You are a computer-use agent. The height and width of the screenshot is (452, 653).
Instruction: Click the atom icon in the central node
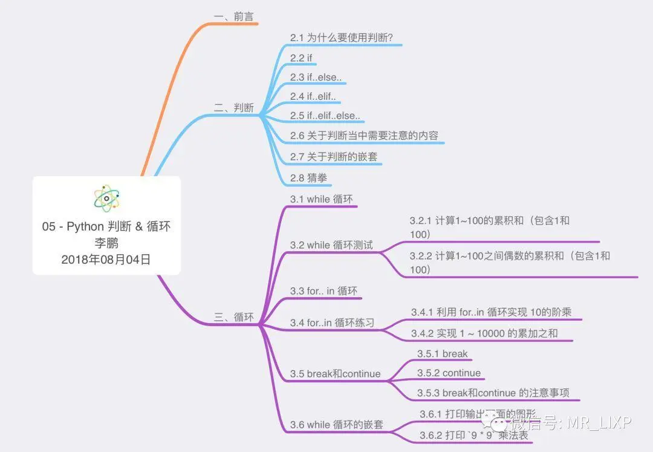coord(106,198)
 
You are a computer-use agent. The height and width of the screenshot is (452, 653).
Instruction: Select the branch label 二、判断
coord(233,108)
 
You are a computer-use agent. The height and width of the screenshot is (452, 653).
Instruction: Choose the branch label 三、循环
coord(233,317)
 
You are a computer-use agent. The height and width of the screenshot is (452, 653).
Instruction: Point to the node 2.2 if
coord(301,58)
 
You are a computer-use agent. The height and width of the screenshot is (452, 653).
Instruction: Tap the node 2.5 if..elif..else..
coord(325,116)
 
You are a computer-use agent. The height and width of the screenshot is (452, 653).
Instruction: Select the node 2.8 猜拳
coord(308,178)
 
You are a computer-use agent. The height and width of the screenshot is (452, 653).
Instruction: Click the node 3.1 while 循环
coord(321,199)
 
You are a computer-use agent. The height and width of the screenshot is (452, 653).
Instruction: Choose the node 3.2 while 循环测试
coord(331,245)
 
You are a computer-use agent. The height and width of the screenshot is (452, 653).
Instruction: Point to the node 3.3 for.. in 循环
coord(323,292)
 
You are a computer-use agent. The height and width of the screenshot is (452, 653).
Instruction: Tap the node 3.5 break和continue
coord(335,373)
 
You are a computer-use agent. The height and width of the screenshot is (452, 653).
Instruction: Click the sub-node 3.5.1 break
coord(442,354)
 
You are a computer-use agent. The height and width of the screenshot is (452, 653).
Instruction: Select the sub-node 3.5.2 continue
coord(449,373)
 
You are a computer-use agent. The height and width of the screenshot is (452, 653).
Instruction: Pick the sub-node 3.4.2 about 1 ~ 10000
coord(484,333)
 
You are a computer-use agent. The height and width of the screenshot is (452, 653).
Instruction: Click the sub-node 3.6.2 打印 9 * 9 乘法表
coord(474,436)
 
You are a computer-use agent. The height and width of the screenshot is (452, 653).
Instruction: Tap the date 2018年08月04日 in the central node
coord(106,260)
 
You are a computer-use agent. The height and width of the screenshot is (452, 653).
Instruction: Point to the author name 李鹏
coord(106,243)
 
